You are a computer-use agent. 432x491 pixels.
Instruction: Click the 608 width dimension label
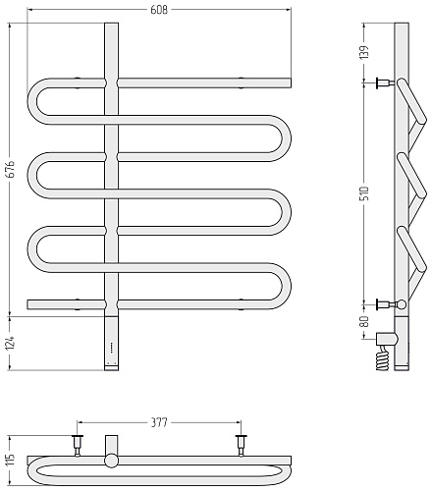(x=159, y=10)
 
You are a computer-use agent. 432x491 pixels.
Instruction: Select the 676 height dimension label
(x=11, y=169)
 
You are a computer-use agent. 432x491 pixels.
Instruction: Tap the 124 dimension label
(x=11, y=343)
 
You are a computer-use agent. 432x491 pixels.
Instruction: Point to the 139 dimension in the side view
(x=364, y=52)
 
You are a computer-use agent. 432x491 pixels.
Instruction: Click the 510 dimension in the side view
(x=364, y=193)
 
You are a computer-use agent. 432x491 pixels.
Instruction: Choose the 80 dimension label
(x=364, y=321)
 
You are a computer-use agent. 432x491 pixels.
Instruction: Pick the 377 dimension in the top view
(x=159, y=422)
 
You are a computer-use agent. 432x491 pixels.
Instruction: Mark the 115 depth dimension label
(x=11, y=460)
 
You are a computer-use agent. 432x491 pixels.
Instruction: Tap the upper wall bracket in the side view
(x=386, y=82)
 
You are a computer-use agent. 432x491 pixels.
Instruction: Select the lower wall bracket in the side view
(x=386, y=304)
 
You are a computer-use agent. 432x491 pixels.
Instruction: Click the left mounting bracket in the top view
(x=78, y=445)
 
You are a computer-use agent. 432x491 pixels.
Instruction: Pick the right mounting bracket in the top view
(x=242, y=445)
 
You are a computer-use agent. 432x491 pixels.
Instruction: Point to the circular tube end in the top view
(x=112, y=461)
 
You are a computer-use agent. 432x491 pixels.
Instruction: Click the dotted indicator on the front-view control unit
(x=112, y=348)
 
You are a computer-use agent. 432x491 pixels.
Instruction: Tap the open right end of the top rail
(x=290, y=82)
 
